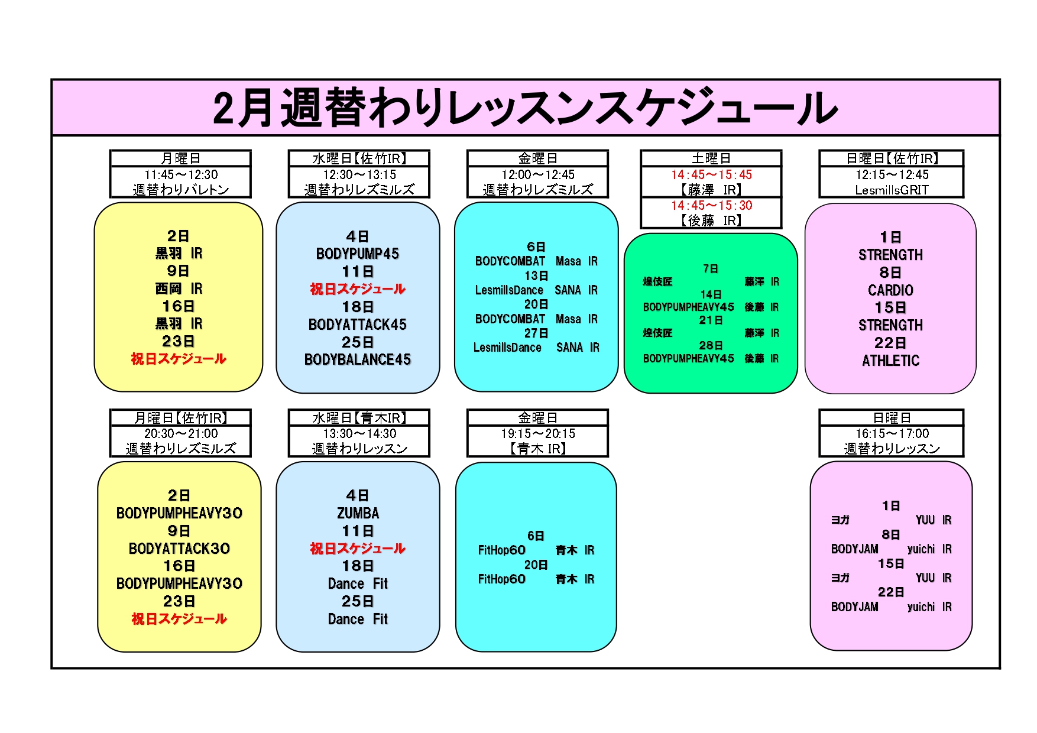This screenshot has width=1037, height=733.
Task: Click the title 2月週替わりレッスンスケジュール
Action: [525, 108]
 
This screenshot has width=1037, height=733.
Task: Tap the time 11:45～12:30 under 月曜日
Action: [181, 175]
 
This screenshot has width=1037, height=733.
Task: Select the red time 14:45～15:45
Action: [711, 175]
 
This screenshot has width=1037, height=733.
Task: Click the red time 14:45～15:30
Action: [711, 206]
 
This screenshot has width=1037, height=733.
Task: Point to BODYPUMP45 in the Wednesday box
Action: [358, 254]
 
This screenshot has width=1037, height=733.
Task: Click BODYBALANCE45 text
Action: [358, 360]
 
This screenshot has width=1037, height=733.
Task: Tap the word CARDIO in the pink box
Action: [890, 290]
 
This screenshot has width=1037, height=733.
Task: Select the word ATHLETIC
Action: [890, 361]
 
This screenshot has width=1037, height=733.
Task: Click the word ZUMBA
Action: [358, 513]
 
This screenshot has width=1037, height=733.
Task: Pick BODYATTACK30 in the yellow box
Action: [179, 549]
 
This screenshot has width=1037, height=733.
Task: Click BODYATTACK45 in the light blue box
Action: [358, 325]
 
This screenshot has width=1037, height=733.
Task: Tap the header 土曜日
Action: [711, 158]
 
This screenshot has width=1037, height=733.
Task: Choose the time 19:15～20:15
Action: [537, 434]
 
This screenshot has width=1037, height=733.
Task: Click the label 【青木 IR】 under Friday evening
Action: [537, 449]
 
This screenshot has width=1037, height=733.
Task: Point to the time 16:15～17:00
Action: [892, 434]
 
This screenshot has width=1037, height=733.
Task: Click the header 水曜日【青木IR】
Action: [359, 418]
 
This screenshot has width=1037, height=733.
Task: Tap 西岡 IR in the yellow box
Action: [179, 289]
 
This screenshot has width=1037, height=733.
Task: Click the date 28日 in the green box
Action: [711, 346]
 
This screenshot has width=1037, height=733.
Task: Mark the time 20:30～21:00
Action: [181, 434]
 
